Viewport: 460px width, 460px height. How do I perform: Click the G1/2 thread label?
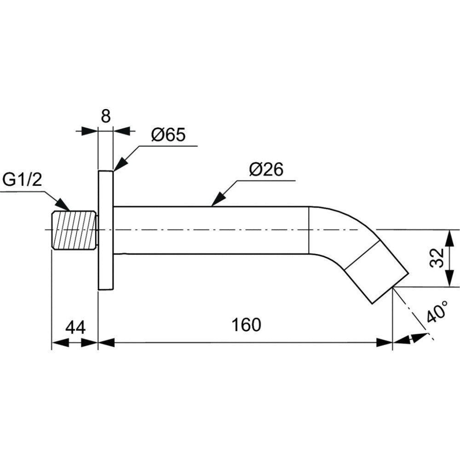(22, 179)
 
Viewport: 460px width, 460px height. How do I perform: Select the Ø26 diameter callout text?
(266, 170)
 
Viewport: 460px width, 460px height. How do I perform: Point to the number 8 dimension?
(106, 116)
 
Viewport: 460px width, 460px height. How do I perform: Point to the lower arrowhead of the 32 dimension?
(448, 281)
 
